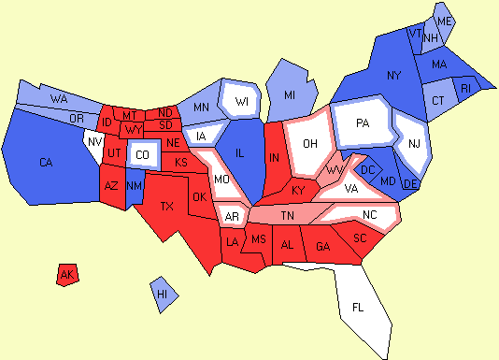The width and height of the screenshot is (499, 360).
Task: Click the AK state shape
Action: coord(66,275)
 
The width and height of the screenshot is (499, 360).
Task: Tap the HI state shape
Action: coord(163,294)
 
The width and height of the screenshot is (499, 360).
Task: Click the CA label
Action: coord(46,163)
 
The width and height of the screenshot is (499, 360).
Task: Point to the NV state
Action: coord(93,143)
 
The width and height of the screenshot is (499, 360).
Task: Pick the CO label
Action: coord(141,154)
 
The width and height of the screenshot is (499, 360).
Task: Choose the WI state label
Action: coord(242,101)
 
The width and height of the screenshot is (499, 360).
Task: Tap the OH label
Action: coord(311,143)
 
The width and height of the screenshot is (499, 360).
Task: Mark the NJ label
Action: coord(416,142)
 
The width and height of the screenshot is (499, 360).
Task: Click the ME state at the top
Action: coord(445,21)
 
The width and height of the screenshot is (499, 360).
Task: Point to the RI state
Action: coord(466,88)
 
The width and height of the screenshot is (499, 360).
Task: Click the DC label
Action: coord(367,169)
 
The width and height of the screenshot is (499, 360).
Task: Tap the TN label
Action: coord(289,215)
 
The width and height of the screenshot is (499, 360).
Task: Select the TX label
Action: coord(167,206)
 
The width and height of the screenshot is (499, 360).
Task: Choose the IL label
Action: coord(239,154)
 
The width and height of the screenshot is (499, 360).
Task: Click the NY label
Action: coord(393,75)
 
